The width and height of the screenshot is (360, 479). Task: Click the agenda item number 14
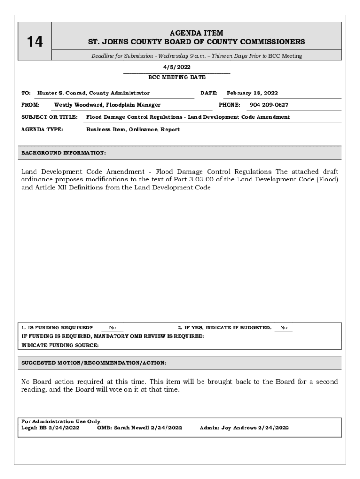point(35,42)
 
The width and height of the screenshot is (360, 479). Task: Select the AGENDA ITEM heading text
point(196,33)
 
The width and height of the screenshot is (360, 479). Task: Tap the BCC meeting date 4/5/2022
point(176,67)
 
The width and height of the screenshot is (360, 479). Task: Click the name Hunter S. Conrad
point(62,93)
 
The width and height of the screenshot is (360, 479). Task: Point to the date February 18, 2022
point(252,93)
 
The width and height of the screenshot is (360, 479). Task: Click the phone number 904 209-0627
point(269,105)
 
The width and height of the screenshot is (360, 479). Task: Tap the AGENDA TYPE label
point(43,129)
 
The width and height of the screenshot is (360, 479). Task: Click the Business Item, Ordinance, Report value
point(133,129)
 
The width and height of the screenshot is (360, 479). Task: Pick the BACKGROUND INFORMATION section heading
point(64,153)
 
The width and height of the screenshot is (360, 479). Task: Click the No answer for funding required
point(113,328)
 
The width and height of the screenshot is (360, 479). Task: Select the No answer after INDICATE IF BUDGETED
point(284,328)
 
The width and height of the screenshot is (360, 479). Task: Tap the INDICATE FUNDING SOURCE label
point(60,345)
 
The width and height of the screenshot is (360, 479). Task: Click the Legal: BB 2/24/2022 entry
point(50,428)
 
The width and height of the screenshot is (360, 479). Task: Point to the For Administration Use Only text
point(62,421)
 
